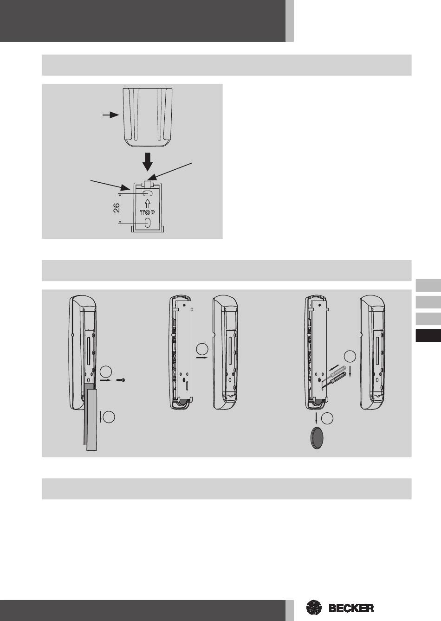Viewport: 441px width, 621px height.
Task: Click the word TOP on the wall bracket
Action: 147,212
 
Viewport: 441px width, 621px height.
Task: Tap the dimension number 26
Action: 117,208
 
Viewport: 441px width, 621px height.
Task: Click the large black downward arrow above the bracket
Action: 148,161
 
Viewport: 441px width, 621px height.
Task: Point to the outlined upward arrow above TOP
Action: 147,204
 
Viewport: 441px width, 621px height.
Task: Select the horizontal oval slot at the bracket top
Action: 147,193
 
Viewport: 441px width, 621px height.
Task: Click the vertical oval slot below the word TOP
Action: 147,223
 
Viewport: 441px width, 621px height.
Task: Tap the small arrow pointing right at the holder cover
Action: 111,115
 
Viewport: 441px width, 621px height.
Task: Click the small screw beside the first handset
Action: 121,380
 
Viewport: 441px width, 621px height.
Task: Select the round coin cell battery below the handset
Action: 317,438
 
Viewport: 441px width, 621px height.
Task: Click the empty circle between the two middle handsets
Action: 202,349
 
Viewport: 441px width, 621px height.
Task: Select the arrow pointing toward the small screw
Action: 105,380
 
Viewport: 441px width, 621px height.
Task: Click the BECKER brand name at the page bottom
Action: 351,608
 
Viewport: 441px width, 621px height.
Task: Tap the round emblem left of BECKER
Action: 314,608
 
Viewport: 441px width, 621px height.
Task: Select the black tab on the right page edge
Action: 428,335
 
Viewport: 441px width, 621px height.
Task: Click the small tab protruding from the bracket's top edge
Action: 148,184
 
